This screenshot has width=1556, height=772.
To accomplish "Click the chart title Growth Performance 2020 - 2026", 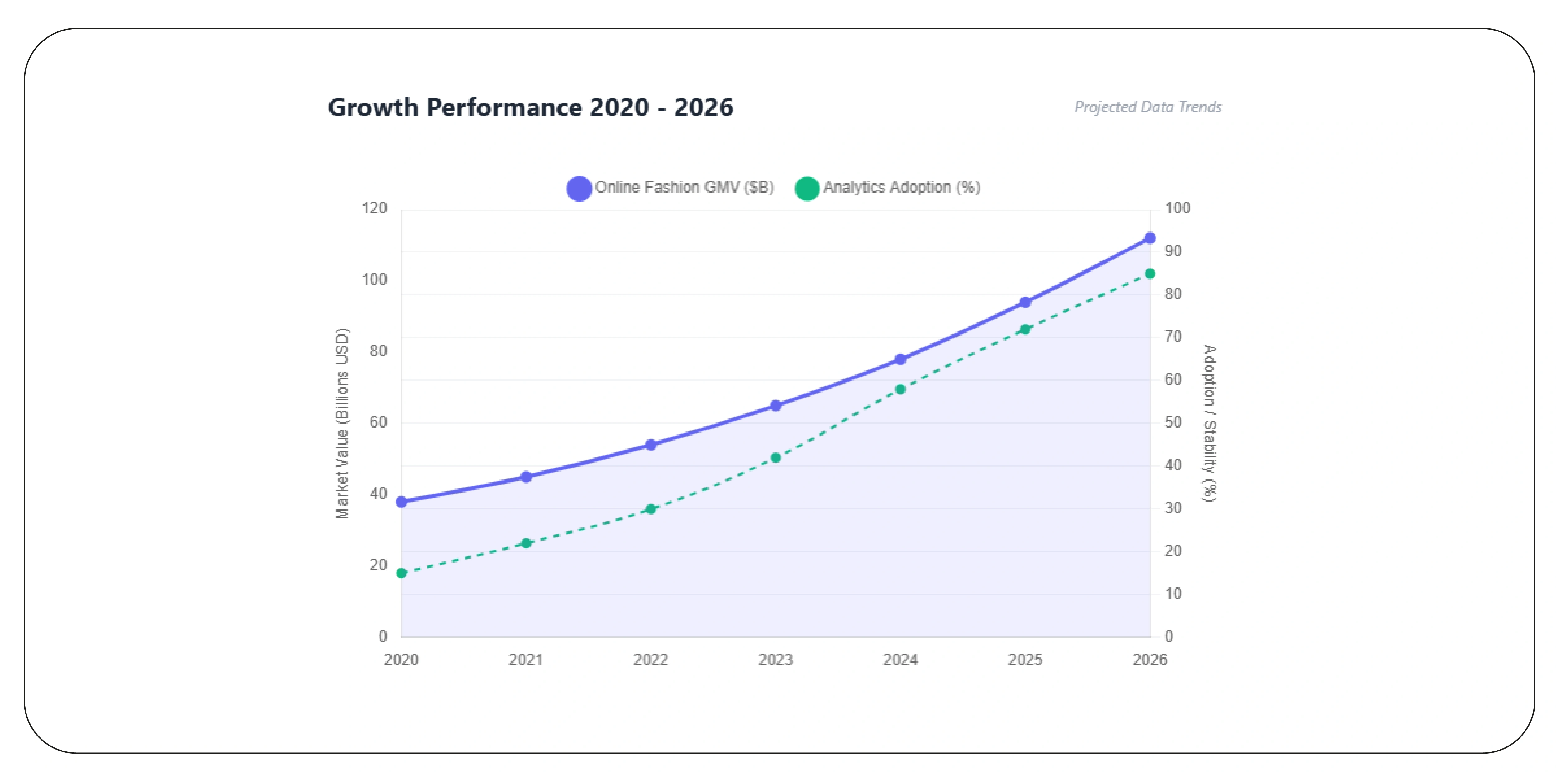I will click(530, 107).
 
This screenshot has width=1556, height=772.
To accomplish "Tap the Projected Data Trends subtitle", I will click(1147, 107).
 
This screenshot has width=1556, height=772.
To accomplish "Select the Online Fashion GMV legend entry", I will click(671, 187).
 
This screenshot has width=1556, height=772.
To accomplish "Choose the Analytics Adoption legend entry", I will click(888, 187).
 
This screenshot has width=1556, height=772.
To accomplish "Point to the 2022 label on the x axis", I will click(651, 660).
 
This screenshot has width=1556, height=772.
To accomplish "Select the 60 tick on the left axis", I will click(378, 422).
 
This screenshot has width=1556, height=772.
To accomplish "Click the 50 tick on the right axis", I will click(1173, 422).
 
